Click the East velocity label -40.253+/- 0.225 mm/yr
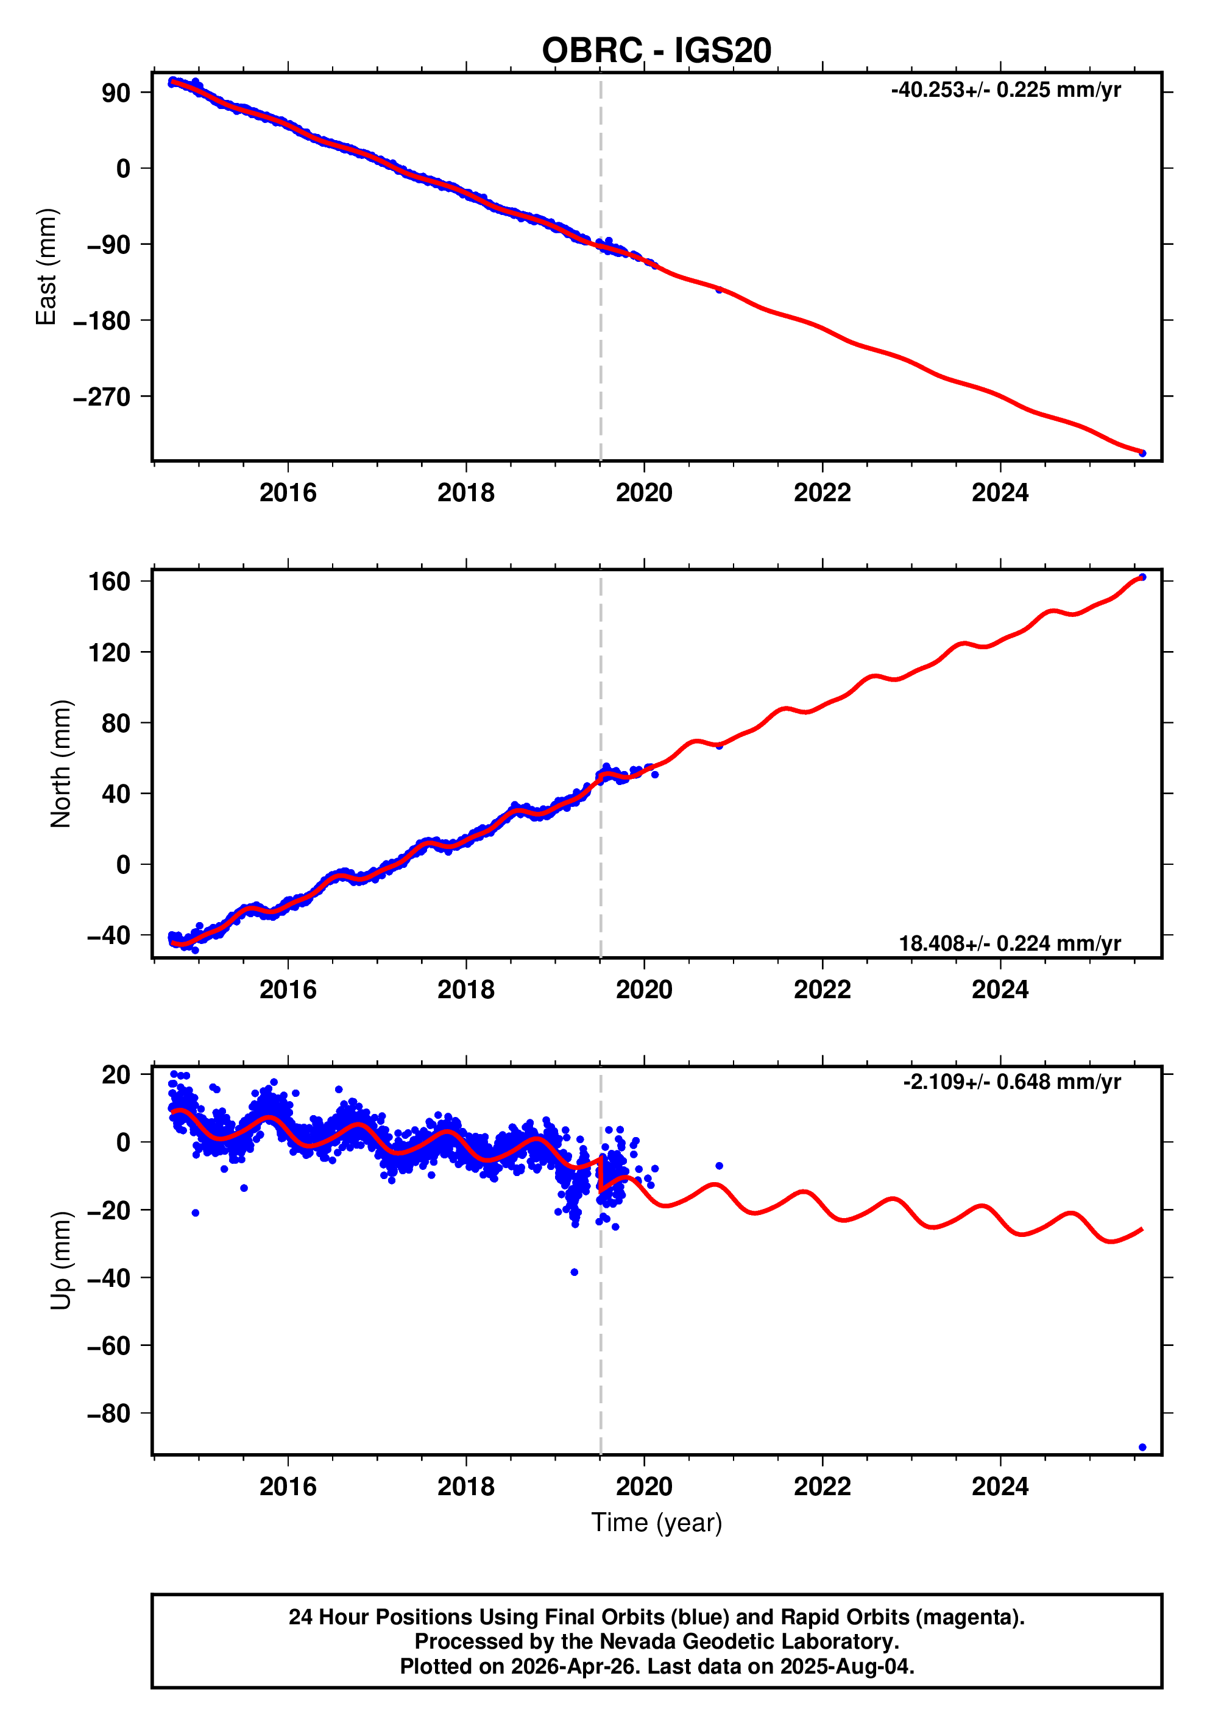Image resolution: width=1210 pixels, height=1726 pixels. [x=1005, y=90]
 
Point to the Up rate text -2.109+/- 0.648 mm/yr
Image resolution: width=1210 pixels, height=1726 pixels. [x=1011, y=1082]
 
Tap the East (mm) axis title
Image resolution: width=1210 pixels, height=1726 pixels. [x=47, y=267]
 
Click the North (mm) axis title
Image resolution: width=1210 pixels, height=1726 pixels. [x=61, y=764]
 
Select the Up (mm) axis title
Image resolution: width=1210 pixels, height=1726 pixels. [x=61, y=1261]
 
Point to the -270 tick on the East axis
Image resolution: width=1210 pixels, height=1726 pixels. [x=102, y=397]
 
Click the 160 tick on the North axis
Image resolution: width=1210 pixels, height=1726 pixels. [x=109, y=581]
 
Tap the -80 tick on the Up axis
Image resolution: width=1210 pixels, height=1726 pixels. [x=108, y=1414]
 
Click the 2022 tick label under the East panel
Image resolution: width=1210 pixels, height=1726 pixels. [x=822, y=493]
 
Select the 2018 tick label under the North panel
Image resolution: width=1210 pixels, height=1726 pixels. [x=465, y=990]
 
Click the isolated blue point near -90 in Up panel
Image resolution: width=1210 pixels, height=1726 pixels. [x=1142, y=1447]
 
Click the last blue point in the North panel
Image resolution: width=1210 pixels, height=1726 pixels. [x=1142, y=577]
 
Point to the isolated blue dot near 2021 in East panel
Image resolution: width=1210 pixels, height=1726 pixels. [x=719, y=289]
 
